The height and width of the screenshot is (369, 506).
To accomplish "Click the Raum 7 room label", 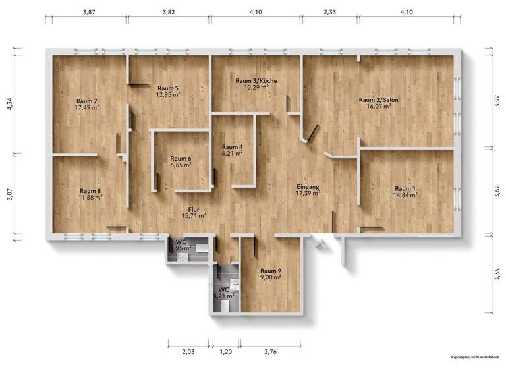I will pos(87,100).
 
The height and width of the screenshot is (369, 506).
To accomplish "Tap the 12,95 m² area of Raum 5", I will pos(168,94).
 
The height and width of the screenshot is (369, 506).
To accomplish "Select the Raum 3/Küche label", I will pos(256,80).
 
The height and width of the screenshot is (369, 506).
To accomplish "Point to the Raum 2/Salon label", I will pos(379,100).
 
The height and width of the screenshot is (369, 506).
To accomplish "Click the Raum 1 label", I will pos(406,188).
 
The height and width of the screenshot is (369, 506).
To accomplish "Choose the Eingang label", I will pos(308,186).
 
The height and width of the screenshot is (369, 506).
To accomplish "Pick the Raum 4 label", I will pos(232,146).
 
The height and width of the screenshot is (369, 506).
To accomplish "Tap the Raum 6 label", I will pos(181,158).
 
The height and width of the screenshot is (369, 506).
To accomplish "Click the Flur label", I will pos(194,208).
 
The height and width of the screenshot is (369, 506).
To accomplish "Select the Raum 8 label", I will pos(90,191).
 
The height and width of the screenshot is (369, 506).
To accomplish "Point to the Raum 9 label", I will pos(271,271).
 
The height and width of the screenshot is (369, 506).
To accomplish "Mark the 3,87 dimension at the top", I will pos(90,11).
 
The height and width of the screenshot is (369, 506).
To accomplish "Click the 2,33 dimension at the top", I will pos(330,11).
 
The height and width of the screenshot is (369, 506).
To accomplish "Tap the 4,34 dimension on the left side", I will pos(11,104).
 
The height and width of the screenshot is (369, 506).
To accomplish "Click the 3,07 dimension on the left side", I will pos(11,197).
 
